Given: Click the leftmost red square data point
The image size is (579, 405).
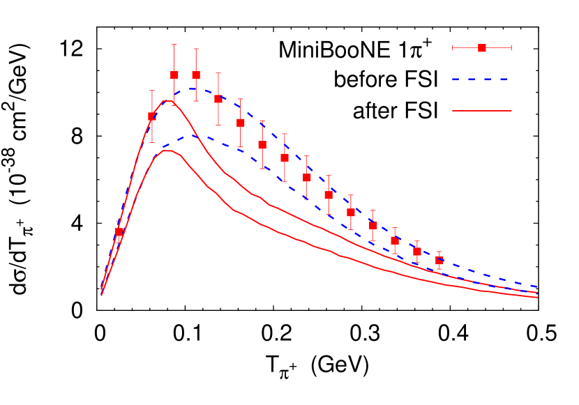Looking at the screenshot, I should (119, 231).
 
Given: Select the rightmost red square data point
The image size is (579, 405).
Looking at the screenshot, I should (439, 260).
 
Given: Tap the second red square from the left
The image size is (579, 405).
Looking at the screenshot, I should (151, 116).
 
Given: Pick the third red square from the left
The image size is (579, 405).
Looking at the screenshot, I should (174, 75).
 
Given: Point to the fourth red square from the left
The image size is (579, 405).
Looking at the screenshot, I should (196, 75).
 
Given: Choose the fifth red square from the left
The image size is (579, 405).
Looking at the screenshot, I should (218, 99).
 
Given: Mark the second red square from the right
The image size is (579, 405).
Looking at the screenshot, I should (417, 252).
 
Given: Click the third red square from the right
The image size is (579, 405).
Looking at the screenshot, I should (395, 240).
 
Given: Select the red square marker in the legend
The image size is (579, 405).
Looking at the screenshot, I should (482, 48).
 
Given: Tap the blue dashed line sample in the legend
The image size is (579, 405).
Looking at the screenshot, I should (481, 79).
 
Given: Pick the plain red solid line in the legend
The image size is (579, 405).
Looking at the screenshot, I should (481, 111).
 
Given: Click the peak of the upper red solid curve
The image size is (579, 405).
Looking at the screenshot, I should (167, 101).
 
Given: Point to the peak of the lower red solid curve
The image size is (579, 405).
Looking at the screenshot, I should (167, 151).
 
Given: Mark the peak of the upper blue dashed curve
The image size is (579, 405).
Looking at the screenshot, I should (190, 89).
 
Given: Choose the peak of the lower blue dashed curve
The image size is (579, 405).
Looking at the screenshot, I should (191, 135).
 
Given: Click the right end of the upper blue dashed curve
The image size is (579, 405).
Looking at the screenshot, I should (537, 286).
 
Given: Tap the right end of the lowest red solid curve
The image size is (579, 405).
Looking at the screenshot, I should (537, 298).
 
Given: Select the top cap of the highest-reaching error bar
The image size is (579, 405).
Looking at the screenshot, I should (174, 45).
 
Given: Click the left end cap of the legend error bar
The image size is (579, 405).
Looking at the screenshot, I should (453, 48).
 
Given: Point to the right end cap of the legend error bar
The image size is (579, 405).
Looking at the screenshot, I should (511, 48).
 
